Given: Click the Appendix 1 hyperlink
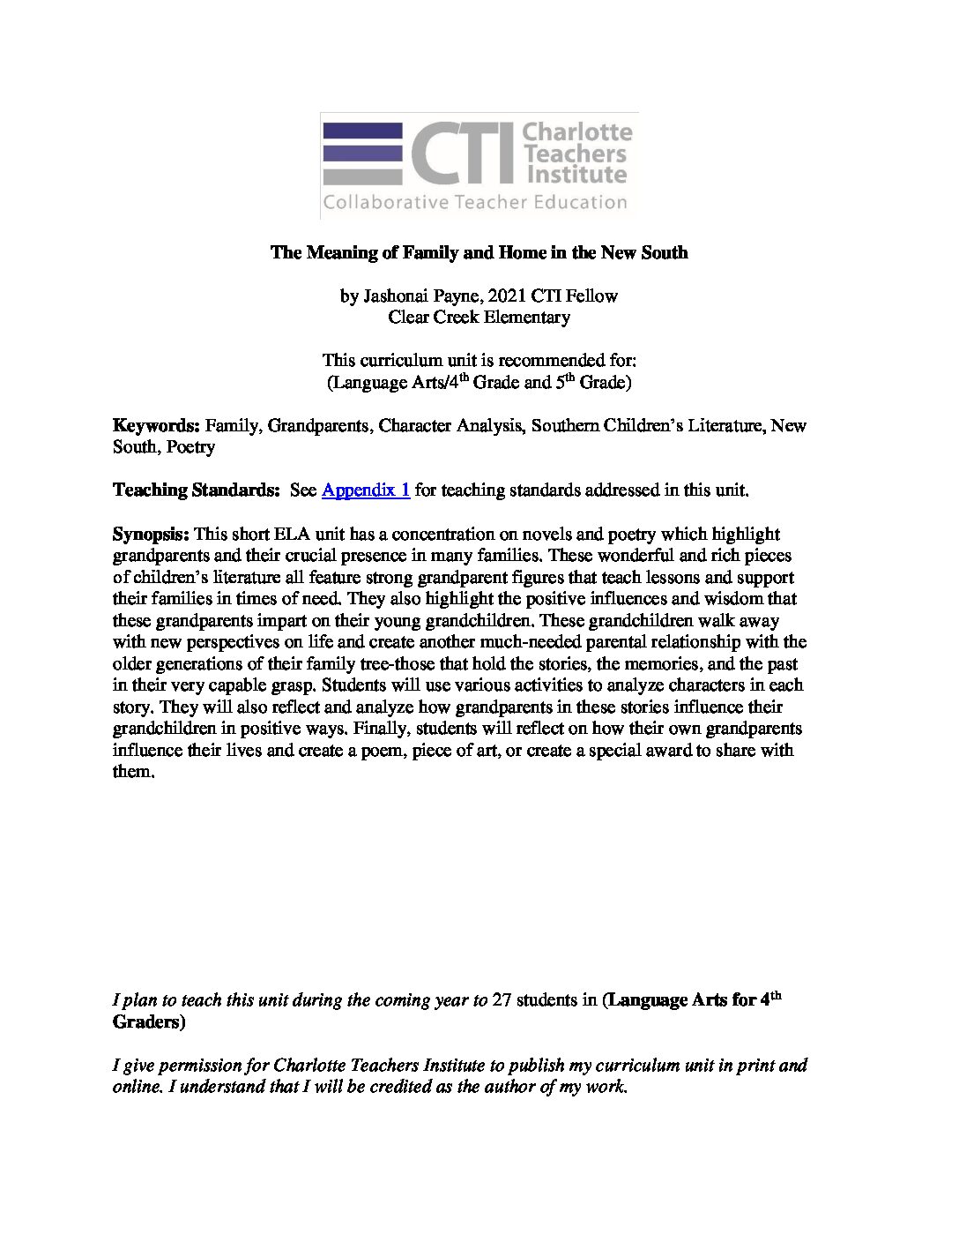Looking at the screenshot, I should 366,490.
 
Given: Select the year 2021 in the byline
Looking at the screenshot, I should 499,296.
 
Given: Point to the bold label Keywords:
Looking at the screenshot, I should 157,426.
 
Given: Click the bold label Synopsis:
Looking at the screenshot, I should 151,534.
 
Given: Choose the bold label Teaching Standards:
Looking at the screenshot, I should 196,490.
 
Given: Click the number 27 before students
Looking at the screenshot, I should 502,1000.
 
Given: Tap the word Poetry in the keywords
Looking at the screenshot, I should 190,447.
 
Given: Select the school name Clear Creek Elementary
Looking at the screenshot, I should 479,317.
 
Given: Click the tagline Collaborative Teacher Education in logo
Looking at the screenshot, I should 475,202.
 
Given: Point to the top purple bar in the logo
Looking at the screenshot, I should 362,131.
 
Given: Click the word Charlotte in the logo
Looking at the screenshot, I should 577,132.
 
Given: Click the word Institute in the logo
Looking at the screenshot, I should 575,174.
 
